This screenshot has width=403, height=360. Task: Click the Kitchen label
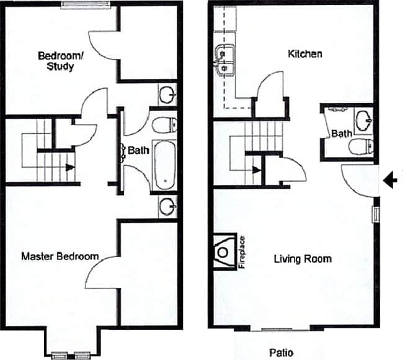[305, 54]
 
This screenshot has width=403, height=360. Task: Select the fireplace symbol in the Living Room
[224, 252]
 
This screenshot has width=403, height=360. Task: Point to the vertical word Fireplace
[242, 252]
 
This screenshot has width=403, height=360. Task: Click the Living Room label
[303, 259]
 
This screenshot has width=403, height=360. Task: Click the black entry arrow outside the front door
[391, 180]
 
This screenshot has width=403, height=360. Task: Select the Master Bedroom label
[60, 256]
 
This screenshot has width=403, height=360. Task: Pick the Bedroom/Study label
[56, 61]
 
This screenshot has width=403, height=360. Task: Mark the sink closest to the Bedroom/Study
[167, 96]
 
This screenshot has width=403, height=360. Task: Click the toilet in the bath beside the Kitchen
[360, 146]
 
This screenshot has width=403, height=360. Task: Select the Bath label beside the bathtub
[137, 150]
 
